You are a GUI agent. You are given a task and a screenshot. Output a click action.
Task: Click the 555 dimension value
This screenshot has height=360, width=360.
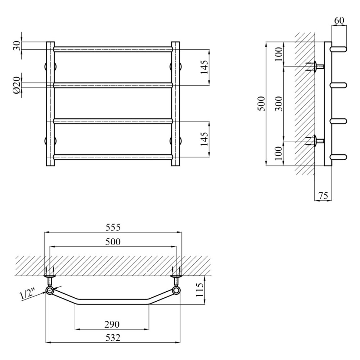(113, 227)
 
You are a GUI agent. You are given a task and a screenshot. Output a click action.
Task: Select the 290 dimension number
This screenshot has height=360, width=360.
(112, 324)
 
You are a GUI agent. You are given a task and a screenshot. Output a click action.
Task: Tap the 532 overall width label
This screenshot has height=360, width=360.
(113, 338)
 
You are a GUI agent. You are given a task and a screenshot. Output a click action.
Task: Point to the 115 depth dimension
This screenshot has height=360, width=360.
(200, 290)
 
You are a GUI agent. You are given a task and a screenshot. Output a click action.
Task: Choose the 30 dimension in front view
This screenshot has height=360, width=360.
(17, 46)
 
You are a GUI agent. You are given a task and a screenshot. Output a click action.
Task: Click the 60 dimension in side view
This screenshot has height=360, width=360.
(339, 21)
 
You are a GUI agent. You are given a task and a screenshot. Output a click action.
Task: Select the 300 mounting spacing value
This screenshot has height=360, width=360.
(279, 104)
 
